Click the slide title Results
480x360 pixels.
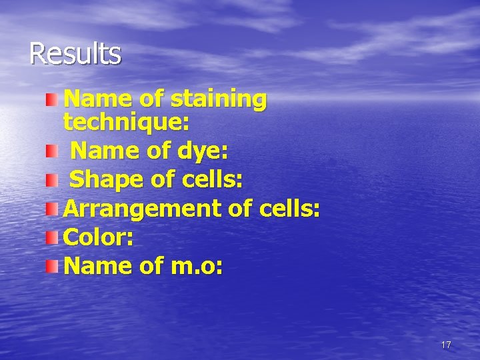click(x=75, y=54)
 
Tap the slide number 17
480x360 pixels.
click(x=446, y=345)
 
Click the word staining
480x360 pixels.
click(x=219, y=100)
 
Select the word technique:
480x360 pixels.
click(x=126, y=123)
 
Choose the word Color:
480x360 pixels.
click(x=98, y=237)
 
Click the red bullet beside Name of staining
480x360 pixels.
click(x=52, y=100)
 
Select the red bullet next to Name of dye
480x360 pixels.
click(x=52, y=152)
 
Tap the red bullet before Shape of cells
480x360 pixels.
click(x=52, y=180)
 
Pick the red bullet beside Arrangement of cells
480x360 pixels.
click(x=52, y=210)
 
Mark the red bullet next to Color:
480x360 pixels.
click(x=52, y=238)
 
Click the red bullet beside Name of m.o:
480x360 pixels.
click(x=52, y=267)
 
